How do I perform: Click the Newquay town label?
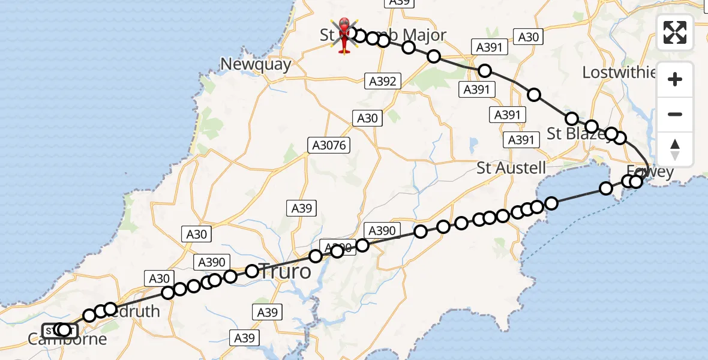pos(256,64)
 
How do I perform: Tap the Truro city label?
pos(285,272)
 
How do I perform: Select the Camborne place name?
pos(67,340)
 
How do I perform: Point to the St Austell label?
pos(512,167)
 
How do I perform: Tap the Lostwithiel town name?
pos(619,73)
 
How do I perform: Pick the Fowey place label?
pos(651,172)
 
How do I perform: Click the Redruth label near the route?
pos(135,311)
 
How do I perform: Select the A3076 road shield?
pos(328,145)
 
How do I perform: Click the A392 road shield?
pos(381,81)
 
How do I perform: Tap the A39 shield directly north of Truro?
pos(302,208)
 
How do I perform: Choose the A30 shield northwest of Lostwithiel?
pos(528,37)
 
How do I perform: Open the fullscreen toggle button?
pos(675,32)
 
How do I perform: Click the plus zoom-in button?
pos(675,79)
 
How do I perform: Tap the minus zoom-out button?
pos(675,114)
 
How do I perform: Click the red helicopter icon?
pos(344,34)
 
